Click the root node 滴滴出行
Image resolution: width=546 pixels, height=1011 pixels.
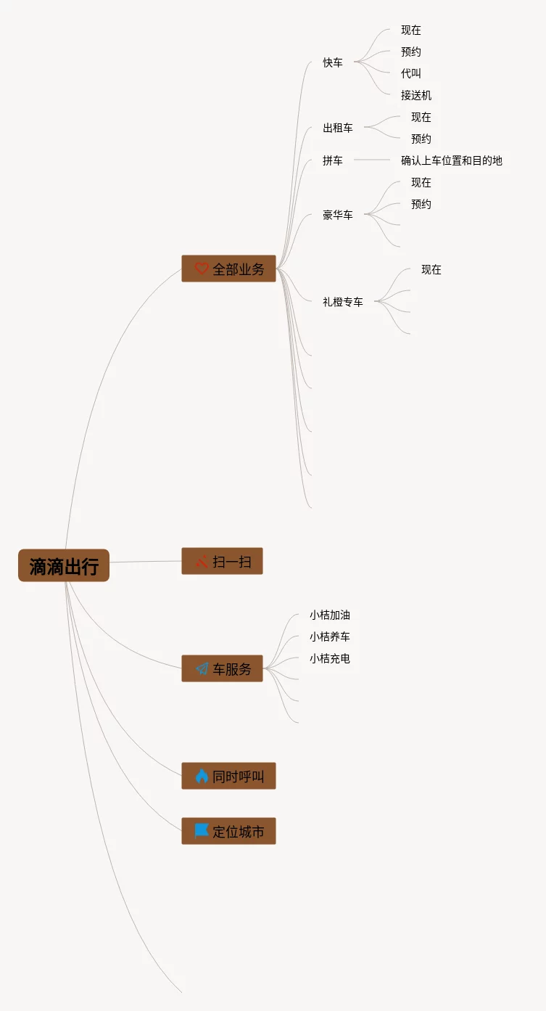click(64, 565)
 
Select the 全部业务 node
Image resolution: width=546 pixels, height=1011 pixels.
click(228, 269)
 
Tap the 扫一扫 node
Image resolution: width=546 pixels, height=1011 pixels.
click(222, 561)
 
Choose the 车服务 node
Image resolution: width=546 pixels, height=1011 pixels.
click(222, 668)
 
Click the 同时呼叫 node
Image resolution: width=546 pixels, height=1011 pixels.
click(228, 776)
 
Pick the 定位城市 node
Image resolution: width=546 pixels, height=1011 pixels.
click(228, 831)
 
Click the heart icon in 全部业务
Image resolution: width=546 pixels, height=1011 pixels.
click(202, 269)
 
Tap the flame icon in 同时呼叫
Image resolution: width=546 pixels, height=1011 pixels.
click(202, 776)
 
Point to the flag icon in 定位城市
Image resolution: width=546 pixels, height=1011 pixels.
click(202, 830)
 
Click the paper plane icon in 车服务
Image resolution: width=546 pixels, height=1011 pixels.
click(202, 668)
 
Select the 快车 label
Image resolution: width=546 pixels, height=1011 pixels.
click(333, 62)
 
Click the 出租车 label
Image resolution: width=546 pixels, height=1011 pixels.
click(338, 128)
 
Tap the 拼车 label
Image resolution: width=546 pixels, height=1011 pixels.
click(333, 160)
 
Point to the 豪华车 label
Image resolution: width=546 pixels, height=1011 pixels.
click(338, 215)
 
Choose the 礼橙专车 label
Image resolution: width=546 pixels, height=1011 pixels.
click(343, 301)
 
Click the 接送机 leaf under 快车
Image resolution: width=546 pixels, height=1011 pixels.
click(416, 95)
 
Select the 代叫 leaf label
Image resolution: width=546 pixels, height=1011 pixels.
click(411, 73)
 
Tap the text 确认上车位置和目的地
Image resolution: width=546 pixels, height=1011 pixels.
click(452, 160)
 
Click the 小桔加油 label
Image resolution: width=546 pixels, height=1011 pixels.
click(330, 615)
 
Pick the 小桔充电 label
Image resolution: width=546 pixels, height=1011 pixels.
click(330, 658)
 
